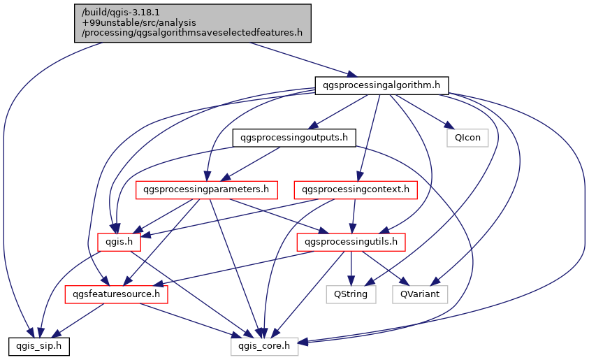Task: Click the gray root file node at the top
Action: coord(193,22)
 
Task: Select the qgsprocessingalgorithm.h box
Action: coord(381,85)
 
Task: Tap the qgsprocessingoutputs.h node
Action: coord(293,138)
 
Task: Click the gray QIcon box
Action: coord(467,138)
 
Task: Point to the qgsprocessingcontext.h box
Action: coord(356,189)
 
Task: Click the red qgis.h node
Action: coord(119,242)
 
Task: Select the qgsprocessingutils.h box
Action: coord(351,242)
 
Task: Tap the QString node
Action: coord(351,294)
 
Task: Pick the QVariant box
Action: coord(420,294)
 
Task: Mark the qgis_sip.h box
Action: coord(39,346)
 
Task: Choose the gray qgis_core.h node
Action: coord(265,346)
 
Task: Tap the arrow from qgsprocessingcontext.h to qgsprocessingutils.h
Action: coord(354,215)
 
